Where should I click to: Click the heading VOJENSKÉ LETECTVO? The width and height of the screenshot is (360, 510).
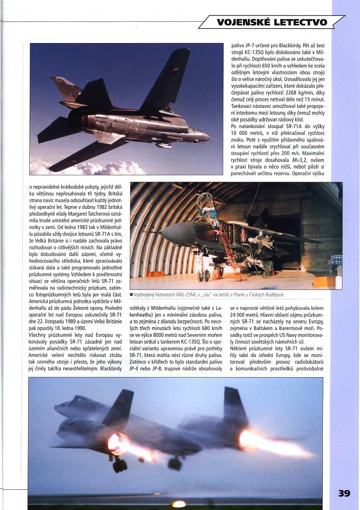[271, 22]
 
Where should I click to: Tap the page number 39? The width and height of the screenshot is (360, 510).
[344, 493]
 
